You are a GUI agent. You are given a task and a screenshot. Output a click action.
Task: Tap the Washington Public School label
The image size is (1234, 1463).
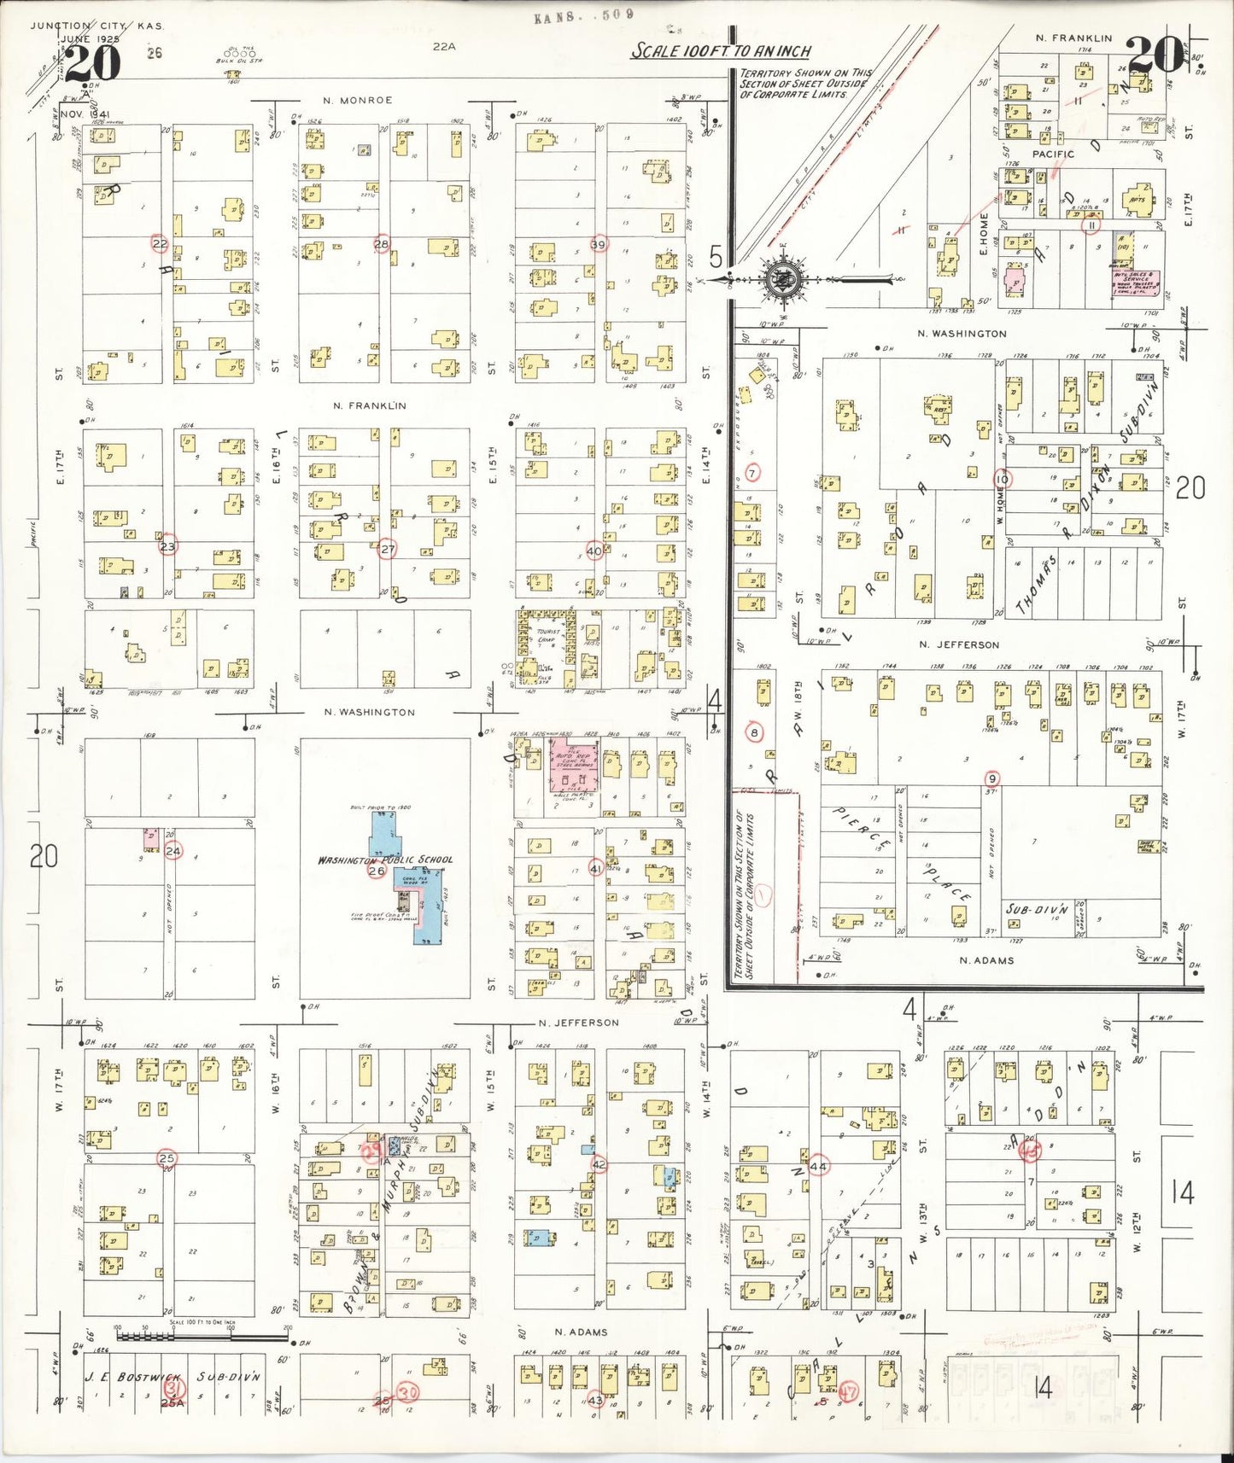[x=385, y=860]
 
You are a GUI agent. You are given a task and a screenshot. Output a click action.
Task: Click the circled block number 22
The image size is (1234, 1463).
[x=160, y=244]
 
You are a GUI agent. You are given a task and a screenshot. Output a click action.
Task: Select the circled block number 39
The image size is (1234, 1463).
[x=599, y=244]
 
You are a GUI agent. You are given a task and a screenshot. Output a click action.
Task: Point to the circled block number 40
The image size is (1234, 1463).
[x=595, y=551]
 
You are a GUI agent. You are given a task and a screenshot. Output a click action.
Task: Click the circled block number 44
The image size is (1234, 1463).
[x=819, y=1166]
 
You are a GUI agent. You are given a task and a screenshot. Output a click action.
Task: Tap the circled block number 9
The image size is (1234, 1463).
[x=991, y=778]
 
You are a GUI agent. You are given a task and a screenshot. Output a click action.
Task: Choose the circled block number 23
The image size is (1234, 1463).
[x=168, y=546]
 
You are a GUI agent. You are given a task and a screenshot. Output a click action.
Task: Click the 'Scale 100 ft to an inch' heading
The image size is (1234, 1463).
[x=721, y=51]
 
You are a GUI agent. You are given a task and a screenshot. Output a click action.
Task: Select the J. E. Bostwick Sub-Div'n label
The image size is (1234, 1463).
[x=172, y=1377]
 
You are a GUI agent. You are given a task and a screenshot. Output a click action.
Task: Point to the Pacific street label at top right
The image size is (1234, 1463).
[x=1053, y=154]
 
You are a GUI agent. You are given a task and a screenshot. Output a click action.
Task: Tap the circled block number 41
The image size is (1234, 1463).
[x=596, y=869]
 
